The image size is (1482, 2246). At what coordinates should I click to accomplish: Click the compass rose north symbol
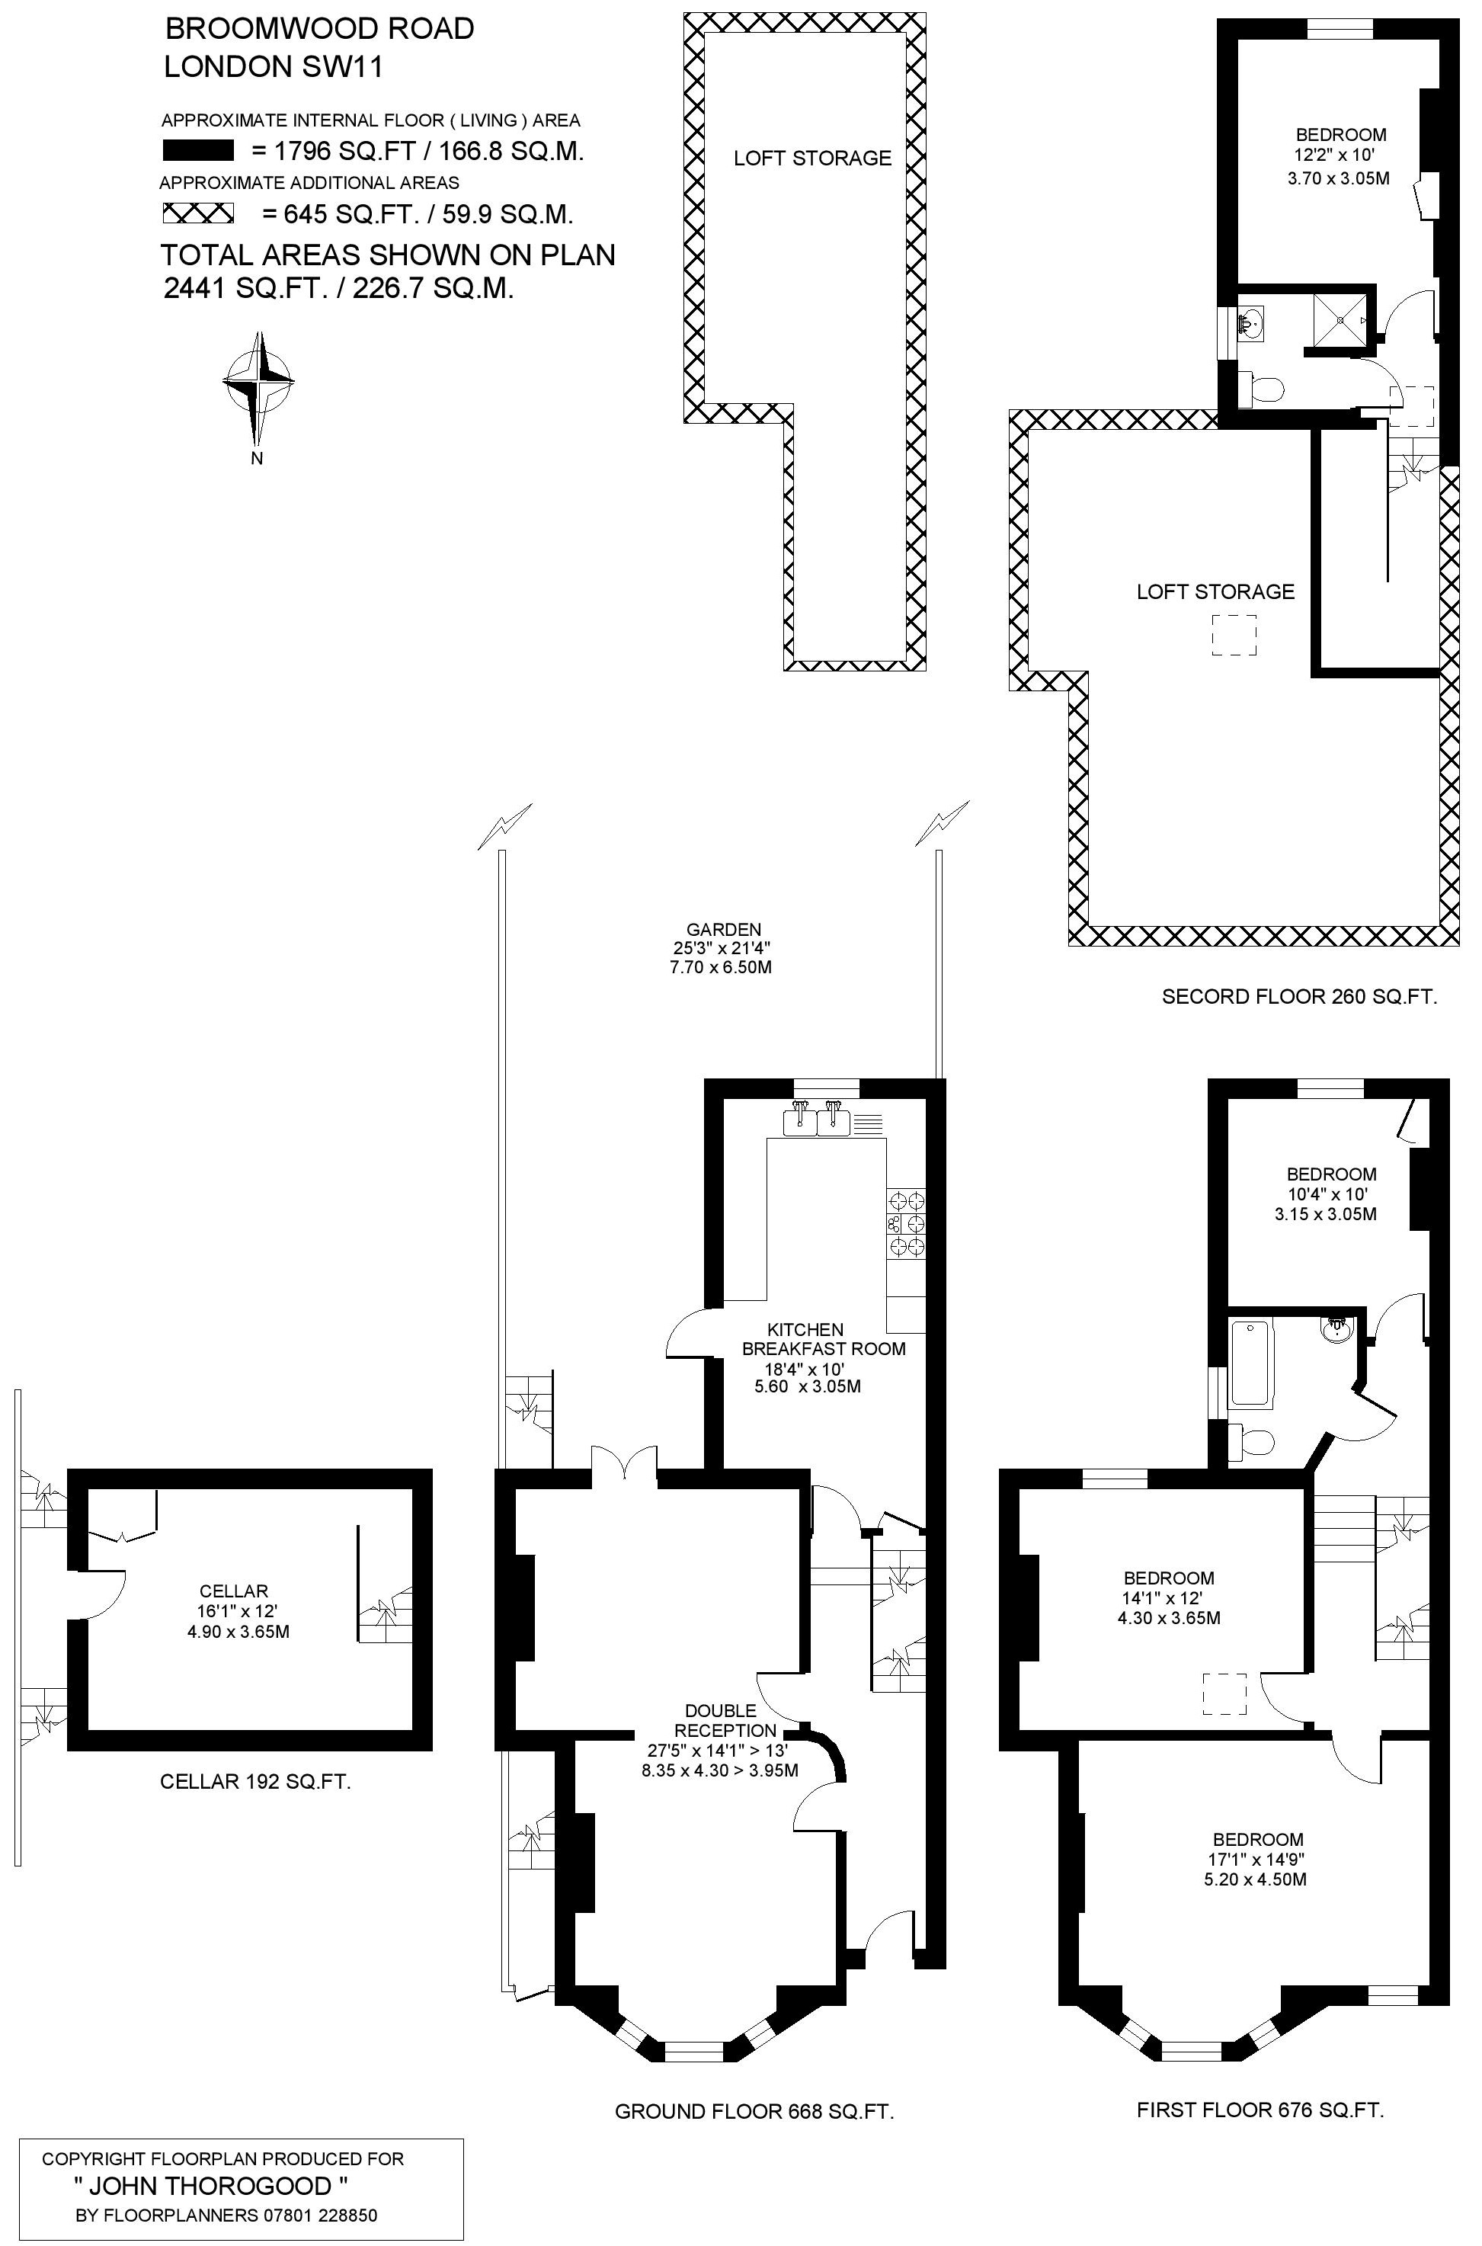257,389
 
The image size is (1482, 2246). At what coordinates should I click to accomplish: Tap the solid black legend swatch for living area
197,150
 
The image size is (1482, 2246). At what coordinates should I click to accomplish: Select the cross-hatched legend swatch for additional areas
197,213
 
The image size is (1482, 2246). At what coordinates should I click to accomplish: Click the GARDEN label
724,929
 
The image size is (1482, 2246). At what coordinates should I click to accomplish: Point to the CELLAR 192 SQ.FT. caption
255,1782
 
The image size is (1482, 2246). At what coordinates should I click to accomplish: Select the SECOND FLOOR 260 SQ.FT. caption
1300,996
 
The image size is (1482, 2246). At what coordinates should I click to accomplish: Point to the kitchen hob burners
905,1224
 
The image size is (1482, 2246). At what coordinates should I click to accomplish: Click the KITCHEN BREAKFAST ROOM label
823,1338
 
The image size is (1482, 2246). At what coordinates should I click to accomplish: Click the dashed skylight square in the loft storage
1234,635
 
